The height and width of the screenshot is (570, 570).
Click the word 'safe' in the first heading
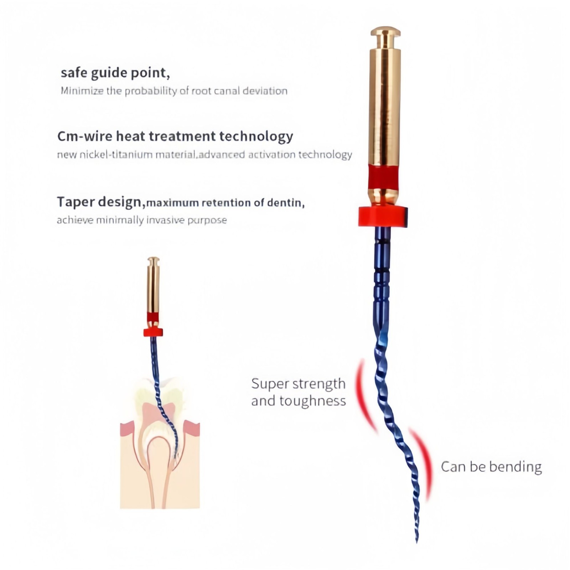(74, 72)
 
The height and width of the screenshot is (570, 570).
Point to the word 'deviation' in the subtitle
(265, 91)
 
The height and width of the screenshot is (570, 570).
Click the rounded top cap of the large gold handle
(385, 33)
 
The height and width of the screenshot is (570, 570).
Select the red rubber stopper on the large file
(383, 216)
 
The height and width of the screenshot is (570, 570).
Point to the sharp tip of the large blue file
(417, 542)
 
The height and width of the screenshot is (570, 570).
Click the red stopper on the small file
(153, 332)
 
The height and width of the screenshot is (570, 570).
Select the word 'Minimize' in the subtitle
(82, 91)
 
